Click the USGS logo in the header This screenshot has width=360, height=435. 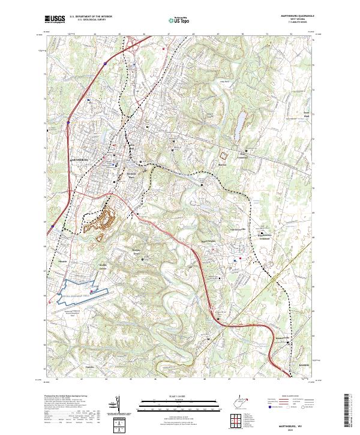point(55,20)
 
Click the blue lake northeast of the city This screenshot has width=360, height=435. point(240,123)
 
